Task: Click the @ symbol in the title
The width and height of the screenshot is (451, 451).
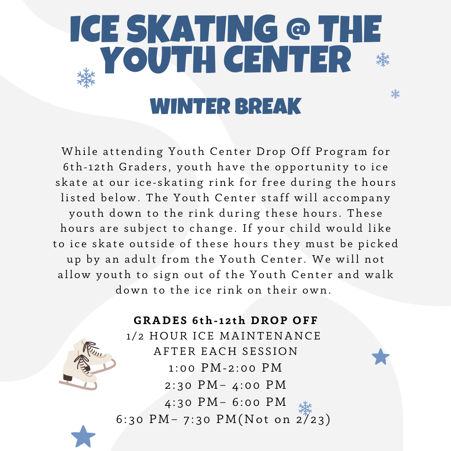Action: tap(298, 29)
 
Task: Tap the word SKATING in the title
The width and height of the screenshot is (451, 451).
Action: tap(202, 29)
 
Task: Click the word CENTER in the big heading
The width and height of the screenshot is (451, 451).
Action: tap(288, 59)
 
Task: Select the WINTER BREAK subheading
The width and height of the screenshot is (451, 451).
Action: tap(225, 106)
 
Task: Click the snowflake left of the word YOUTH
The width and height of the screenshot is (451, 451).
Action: tap(86, 78)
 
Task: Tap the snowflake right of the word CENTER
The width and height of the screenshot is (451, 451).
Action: tap(383, 60)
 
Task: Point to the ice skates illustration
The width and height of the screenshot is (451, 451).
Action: tap(87, 364)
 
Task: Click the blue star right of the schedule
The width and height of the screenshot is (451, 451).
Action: tap(380, 357)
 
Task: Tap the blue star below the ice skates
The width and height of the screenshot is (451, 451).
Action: tap(83, 437)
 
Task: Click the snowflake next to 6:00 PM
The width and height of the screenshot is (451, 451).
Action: tap(305, 408)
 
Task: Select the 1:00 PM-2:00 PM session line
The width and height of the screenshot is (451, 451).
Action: tap(225, 368)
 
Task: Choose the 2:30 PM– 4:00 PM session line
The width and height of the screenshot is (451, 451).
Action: tap(225, 385)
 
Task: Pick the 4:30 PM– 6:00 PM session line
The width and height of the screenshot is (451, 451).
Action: tap(225, 402)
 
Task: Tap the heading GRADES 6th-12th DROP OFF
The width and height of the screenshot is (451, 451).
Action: tap(226, 320)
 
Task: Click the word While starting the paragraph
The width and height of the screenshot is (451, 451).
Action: tap(80, 151)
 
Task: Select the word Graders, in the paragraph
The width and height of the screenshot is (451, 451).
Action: tap(145, 167)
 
